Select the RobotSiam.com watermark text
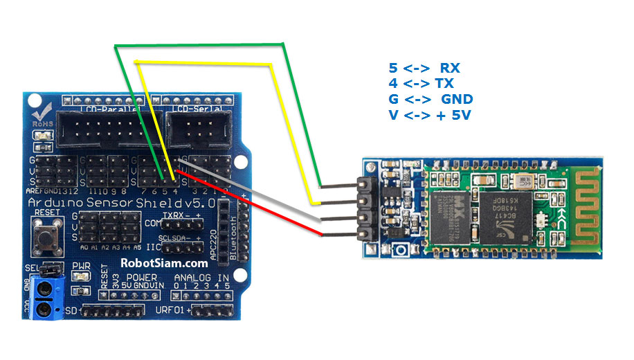[x=164, y=262]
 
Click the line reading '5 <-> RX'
[x=424, y=68]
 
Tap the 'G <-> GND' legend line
[x=429, y=99]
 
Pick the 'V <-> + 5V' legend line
[x=430, y=115]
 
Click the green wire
[x=208, y=45]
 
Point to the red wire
[x=263, y=208]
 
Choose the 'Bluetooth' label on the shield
[x=233, y=236]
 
